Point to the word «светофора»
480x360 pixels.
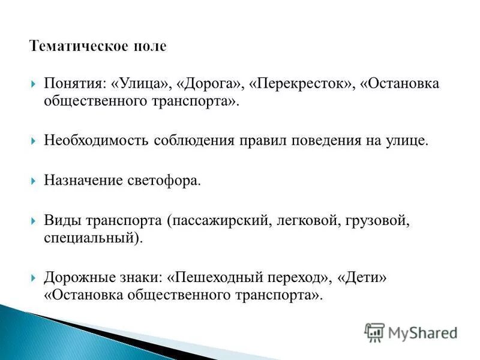pos(162,181)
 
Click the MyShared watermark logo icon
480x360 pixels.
pos(374,332)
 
